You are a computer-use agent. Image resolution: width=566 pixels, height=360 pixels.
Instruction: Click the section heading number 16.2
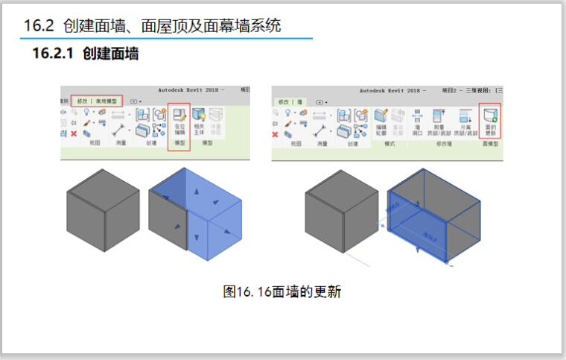point(39,26)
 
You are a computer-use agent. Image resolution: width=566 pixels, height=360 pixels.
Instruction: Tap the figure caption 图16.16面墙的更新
point(282,291)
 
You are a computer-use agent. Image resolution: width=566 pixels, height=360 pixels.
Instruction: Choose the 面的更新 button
point(490,120)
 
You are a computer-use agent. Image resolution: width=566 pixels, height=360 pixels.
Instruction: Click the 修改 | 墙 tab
point(290,101)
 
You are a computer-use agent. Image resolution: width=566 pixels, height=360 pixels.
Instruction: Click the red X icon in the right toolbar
point(275,134)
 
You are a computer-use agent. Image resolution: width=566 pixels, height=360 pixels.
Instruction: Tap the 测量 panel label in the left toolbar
point(121,142)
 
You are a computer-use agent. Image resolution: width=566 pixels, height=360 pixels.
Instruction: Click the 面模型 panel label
point(490,143)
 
